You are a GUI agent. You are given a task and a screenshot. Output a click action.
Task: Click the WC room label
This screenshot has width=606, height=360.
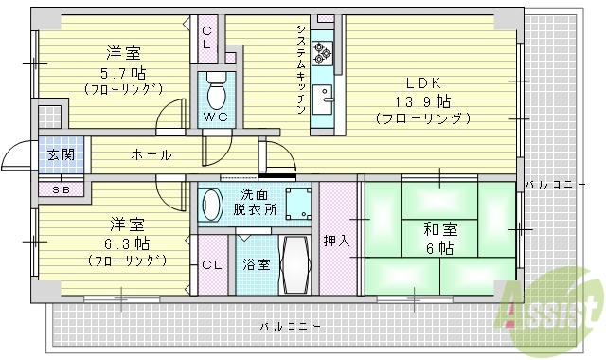(213, 117)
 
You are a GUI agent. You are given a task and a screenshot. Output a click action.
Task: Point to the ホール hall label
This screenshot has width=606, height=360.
(151, 154)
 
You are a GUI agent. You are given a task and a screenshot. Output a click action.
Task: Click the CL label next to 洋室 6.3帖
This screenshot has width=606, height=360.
(210, 264)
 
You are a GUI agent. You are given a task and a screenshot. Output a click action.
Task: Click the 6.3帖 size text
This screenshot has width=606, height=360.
(126, 243)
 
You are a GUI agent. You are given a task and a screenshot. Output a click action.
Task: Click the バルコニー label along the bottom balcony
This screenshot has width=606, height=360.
(288, 326)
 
